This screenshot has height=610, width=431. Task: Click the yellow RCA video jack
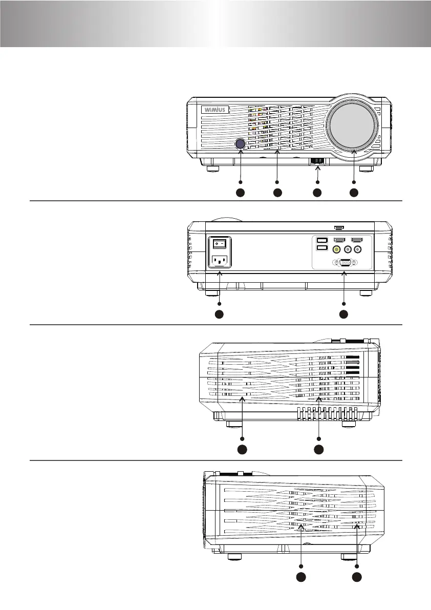(336, 249)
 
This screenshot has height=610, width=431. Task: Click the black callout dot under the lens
(354, 193)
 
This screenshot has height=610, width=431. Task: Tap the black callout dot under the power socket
(219, 314)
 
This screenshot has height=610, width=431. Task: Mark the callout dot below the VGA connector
(343, 314)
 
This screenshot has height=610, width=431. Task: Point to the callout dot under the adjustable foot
(317, 193)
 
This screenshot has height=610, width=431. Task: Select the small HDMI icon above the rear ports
(339, 227)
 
